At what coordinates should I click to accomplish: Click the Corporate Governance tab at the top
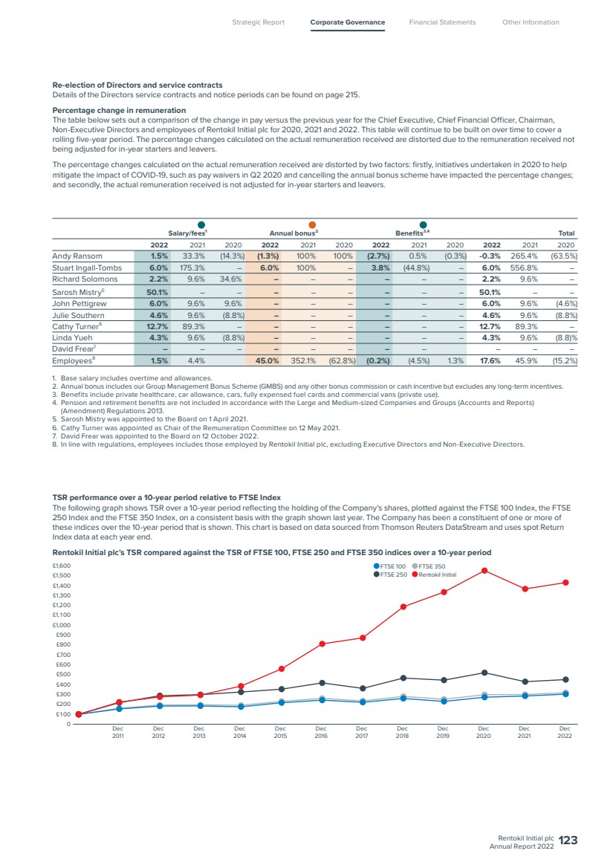pyautogui.click(x=348, y=22)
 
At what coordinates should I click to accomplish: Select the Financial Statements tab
pyautogui.click(x=443, y=22)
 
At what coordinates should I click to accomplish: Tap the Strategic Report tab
pyautogui.click(x=259, y=22)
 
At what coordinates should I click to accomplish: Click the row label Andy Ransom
pyautogui.click(x=77, y=256)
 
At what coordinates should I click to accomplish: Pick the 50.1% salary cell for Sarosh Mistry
pyautogui.click(x=157, y=292)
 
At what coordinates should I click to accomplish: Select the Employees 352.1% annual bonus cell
pyautogui.click(x=303, y=360)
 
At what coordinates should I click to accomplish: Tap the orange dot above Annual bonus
pyautogui.click(x=312, y=224)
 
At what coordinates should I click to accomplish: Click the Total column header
pyautogui.click(x=566, y=233)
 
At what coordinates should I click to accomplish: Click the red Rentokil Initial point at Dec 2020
pyautogui.click(x=484, y=570)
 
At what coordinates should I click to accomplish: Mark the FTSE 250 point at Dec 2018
pyautogui.click(x=403, y=678)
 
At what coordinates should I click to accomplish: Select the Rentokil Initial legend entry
pyautogui.click(x=434, y=574)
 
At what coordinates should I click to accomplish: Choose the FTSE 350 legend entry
pyautogui.click(x=429, y=566)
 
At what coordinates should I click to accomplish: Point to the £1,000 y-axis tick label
pyautogui.click(x=62, y=624)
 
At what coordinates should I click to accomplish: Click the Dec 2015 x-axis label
pyautogui.click(x=281, y=732)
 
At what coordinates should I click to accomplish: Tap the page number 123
pyautogui.click(x=568, y=841)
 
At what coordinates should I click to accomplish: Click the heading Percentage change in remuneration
pyautogui.click(x=119, y=110)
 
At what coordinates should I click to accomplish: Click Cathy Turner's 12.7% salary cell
pyautogui.click(x=158, y=326)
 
